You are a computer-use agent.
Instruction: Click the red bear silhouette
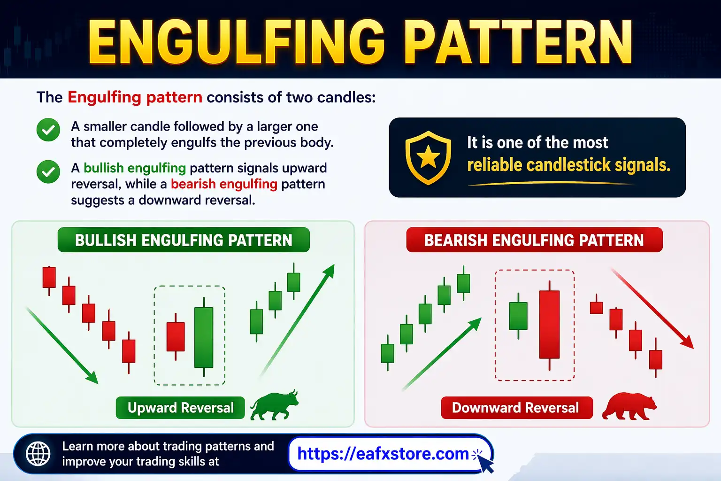pos(629,407)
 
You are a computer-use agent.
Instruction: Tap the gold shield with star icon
pos(428,157)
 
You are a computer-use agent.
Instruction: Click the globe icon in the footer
pos(38,454)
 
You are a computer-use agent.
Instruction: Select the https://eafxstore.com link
pos(383,454)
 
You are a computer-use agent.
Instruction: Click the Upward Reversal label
pos(180,408)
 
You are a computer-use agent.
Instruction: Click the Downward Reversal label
pos(516,408)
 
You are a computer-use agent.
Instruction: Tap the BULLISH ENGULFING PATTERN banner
pos(184,240)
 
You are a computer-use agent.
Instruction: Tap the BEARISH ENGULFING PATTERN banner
pos(534,240)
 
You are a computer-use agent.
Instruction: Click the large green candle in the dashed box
pos(204,337)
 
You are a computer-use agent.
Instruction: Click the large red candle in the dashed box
pos(549,324)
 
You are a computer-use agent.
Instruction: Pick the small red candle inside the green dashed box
pos(176,336)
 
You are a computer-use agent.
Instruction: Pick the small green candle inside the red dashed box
pos(518,316)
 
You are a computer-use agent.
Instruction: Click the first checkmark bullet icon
pos(48,130)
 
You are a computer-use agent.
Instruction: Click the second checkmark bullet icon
pos(48,171)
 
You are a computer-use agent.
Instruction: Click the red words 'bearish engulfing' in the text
pos(224,184)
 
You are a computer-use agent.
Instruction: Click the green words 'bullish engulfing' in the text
pos(135,168)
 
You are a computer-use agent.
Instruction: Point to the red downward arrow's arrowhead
pos(688,342)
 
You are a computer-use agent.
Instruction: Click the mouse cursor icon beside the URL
pos(486,464)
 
